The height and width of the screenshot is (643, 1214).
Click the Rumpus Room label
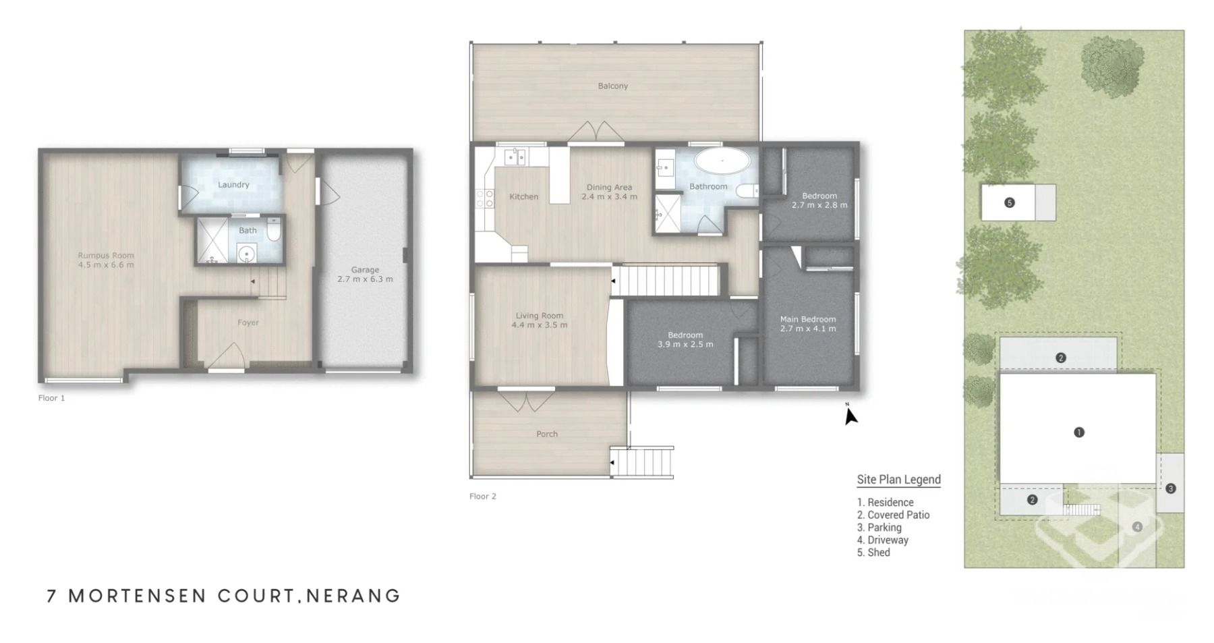click(x=106, y=255)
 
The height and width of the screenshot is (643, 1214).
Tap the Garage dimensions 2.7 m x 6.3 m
click(x=365, y=279)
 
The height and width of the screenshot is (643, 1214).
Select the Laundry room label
click(x=233, y=184)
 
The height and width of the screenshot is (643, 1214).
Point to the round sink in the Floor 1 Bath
click(x=247, y=254)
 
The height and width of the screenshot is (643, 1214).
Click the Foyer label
click(x=248, y=323)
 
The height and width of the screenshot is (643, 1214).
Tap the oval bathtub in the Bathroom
click(x=722, y=161)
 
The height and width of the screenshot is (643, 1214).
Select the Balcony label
click(x=613, y=86)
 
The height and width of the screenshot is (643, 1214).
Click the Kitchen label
click(x=524, y=196)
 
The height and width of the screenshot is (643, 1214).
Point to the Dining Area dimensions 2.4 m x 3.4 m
click(x=609, y=196)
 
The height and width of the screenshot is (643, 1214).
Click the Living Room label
click(x=540, y=315)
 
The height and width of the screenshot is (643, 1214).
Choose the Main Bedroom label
click(x=808, y=319)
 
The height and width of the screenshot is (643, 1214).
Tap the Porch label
click(x=547, y=434)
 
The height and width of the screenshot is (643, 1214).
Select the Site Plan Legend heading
click(x=899, y=480)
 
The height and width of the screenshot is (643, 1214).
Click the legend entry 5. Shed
click(x=873, y=553)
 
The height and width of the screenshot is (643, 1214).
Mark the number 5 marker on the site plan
click(x=1010, y=202)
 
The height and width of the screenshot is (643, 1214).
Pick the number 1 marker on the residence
click(x=1079, y=432)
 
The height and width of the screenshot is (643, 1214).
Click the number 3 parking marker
click(x=1171, y=488)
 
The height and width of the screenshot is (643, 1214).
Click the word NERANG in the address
click(x=354, y=596)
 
